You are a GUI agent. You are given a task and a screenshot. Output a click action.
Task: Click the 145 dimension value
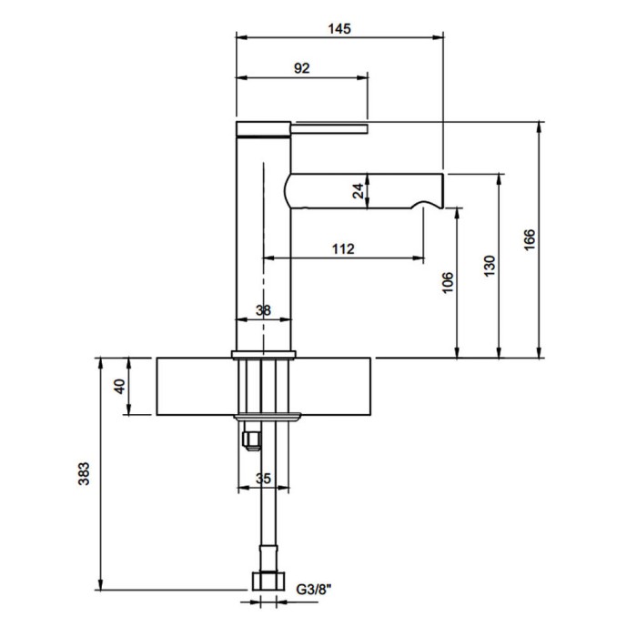pyautogui.click(x=339, y=29)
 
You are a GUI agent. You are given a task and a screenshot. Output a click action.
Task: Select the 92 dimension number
pyautogui.click(x=302, y=68)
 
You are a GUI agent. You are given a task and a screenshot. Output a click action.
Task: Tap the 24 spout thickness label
pyautogui.click(x=358, y=191)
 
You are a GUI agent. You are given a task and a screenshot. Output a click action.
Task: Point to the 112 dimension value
pyautogui.click(x=343, y=248)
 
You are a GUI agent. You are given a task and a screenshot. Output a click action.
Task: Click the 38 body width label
pyautogui.click(x=263, y=311)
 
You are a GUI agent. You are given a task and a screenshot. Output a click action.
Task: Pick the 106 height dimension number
pyautogui.click(x=447, y=282)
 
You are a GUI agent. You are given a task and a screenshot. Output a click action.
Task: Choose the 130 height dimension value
pyautogui.click(x=490, y=266)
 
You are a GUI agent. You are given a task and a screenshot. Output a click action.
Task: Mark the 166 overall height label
pyautogui.click(x=530, y=240)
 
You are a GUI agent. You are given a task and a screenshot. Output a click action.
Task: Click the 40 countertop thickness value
pyautogui.click(x=120, y=387)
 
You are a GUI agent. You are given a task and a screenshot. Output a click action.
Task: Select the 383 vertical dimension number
pyautogui.click(x=84, y=474)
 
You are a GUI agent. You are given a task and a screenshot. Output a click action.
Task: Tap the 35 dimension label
pyautogui.click(x=263, y=479)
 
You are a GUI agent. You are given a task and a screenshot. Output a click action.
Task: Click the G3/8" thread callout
pyautogui.click(x=314, y=589)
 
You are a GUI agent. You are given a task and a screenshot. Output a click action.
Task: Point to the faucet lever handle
pyautogui.click(x=329, y=129)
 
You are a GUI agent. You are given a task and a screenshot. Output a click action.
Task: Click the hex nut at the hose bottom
pyautogui.click(x=268, y=581)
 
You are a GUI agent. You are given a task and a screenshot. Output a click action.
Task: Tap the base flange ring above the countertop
pyautogui.click(x=264, y=355)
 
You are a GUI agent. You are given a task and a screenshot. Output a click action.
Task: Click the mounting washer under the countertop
pyautogui.click(x=268, y=417)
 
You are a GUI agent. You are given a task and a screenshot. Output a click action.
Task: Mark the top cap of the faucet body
pyautogui.click(x=263, y=129)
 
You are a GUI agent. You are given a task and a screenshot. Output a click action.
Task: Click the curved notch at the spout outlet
pyautogui.click(x=427, y=203)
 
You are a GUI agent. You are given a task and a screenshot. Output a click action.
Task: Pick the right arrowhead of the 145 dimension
pyautogui.click(x=438, y=37)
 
